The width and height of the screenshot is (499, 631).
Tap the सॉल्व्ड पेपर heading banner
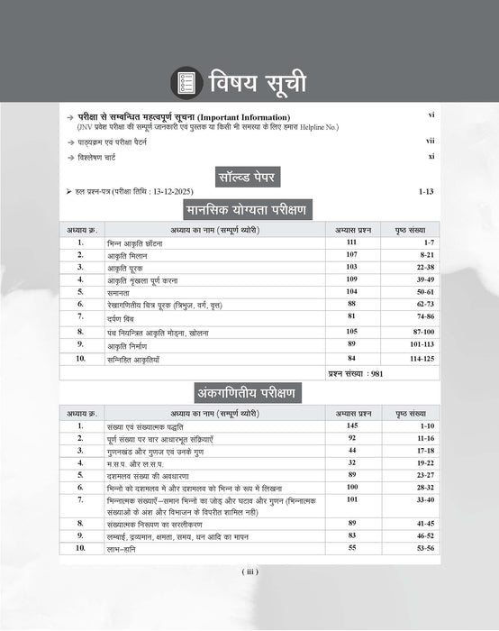click(x=249, y=176)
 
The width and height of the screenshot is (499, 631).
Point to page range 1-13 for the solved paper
click(x=426, y=192)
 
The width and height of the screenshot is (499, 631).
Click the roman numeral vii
click(x=431, y=142)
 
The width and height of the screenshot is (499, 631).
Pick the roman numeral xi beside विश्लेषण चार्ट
click(x=431, y=156)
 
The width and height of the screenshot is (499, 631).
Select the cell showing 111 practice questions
click(x=351, y=242)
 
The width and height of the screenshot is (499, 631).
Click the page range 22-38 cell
click(x=410, y=268)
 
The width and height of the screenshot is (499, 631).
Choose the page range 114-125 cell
click(x=410, y=359)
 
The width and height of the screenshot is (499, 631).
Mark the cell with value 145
click(x=351, y=425)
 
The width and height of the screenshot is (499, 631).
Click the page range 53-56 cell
click(x=410, y=547)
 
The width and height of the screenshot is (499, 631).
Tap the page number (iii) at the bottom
click(x=249, y=572)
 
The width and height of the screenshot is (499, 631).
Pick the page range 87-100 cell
click(x=410, y=333)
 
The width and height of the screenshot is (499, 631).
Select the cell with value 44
click(x=351, y=449)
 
